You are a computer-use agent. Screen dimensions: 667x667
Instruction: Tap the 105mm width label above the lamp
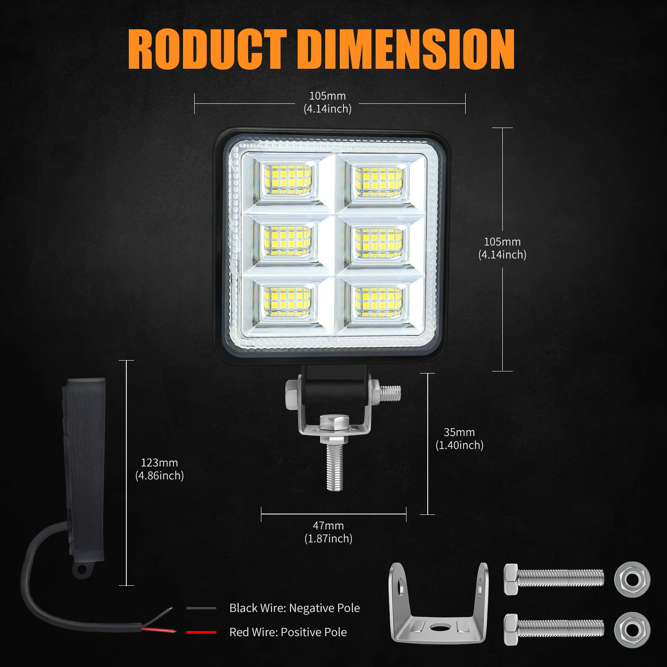pos(327,102)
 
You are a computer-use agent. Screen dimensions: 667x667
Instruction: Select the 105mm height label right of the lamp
pos(502,248)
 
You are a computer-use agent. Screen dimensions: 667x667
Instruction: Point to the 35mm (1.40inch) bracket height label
pos(459,439)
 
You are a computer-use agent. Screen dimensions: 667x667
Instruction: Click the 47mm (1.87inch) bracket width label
pos(328,532)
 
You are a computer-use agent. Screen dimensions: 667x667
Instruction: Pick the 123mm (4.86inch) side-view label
pos(159,469)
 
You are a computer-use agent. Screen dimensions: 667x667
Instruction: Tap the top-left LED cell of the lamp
pos(288,180)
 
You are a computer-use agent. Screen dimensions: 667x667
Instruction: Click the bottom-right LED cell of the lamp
pos(379,302)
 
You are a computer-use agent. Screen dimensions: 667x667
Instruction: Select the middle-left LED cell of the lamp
pos(288,241)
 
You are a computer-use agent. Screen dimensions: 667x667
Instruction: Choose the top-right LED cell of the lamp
pos(379,181)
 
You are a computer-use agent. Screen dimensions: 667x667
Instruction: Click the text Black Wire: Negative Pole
pos(294,608)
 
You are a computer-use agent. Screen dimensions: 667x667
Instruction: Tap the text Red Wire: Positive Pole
pos(288,632)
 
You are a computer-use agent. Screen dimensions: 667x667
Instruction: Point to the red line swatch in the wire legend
pos(201,632)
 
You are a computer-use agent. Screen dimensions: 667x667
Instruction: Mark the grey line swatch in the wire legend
pos(201,608)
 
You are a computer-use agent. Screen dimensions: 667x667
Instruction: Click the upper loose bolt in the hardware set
pos(554,579)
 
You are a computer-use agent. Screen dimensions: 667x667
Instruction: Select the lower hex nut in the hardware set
pos(632,629)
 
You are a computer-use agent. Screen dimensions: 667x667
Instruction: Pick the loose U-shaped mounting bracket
pos(439,604)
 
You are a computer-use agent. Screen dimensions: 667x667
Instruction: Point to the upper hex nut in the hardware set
pos(632,579)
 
